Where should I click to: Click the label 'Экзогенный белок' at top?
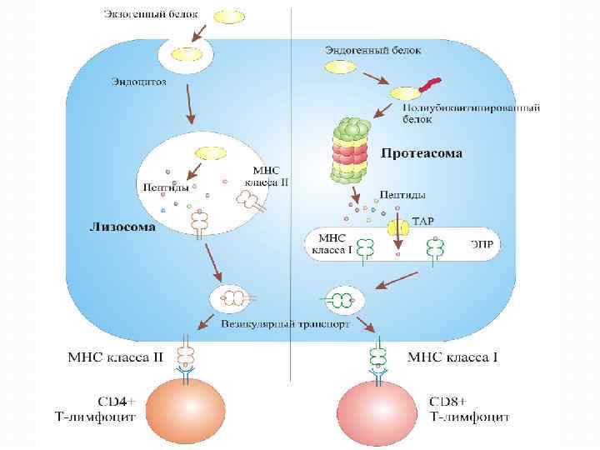tap(152, 14)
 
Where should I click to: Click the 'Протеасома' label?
tap(422, 153)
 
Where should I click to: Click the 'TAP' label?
tap(422, 223)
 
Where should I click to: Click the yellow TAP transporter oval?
tap(397, 227)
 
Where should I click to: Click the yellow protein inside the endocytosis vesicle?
tap(184, 56)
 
